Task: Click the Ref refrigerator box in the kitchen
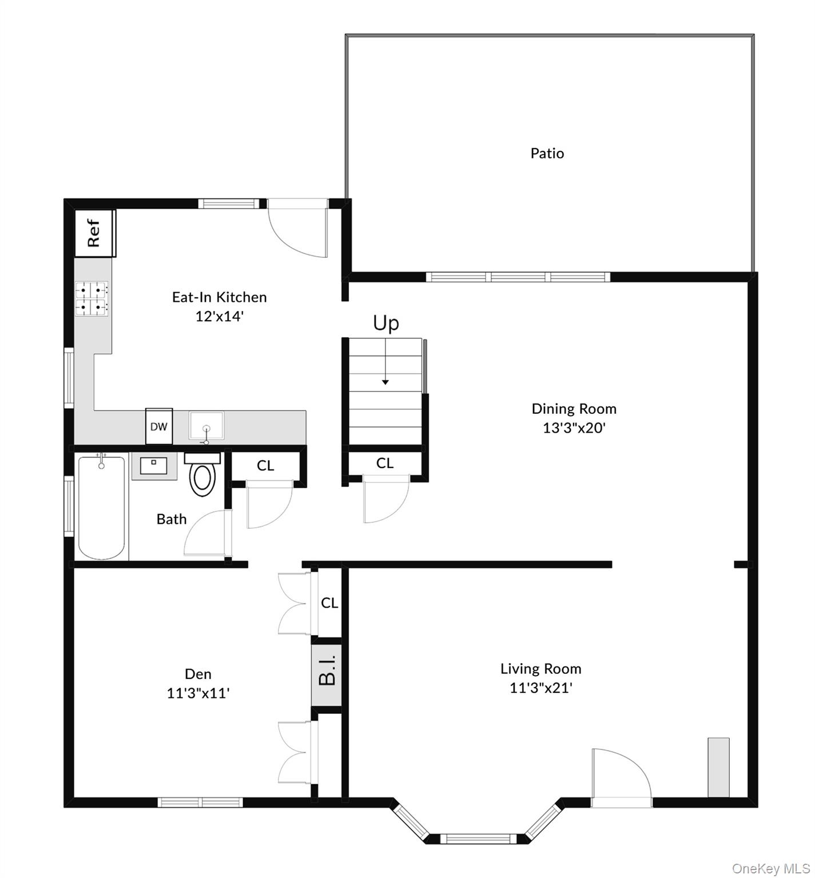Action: [x=95, y=233]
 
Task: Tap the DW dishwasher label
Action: [x=158, y=426]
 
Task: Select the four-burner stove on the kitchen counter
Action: [x=93, y=299]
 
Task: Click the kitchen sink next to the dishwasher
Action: [x=206, y=426]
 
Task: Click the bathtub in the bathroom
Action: [x=101, y=507]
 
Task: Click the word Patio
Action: [x=547, y=153]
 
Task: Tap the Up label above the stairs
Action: [x=386, y=323]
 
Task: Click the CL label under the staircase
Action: [x=385, y=463]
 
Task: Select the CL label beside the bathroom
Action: [x=265, y=466]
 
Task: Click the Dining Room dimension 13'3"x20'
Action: [x=574, y=428]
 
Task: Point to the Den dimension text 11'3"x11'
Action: [x=198, y=693]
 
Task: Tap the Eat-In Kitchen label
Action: [x=219, y=297]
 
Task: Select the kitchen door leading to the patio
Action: [x=297, y=229]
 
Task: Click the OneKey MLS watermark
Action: [x=770, y=869]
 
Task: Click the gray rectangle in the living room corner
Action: [x=718, y=767]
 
